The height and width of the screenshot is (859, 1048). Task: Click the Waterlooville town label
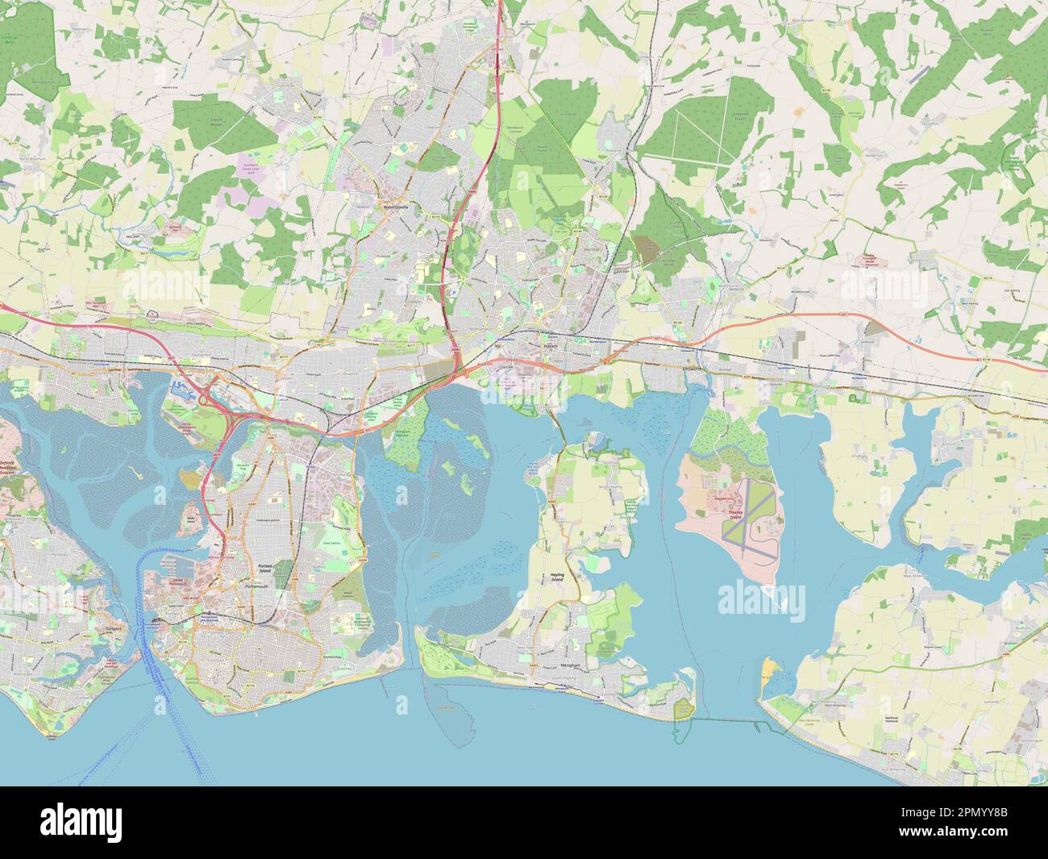pyautogui.click(x=396, y=206)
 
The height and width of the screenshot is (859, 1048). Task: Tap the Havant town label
pyautogui.click(x=551, y=346)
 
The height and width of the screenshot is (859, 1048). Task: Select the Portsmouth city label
pyautogui.click(x=258, y=587)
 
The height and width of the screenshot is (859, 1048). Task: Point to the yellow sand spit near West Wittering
pyautogui.click(x=771, y=668)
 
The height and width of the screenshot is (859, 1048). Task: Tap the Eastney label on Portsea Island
pyautogui.click(x=343, y=669)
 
